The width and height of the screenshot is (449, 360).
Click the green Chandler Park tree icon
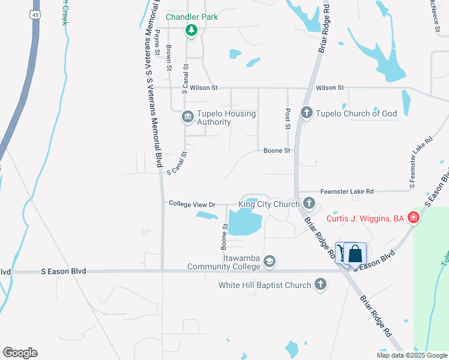tap(191, 29)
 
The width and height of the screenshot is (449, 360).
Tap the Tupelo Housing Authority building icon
tap(187, 116)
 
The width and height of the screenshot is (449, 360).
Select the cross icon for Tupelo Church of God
tap(306, 113)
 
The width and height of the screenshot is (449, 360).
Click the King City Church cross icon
tap(309, 203)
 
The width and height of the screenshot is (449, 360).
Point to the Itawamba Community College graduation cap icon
tap(270, 260)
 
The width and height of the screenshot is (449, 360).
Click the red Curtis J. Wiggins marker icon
tap(413, 218)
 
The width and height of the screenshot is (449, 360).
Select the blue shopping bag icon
tap(355, 253)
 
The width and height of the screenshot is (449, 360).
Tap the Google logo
tap(20, 353)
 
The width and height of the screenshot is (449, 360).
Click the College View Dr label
tap(192, 204)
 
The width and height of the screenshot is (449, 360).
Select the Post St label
tap(288, 119)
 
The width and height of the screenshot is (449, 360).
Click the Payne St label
tap(157, 44)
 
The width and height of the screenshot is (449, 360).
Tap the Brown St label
tap(170, 58)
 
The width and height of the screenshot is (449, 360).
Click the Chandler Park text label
tap(192, 17)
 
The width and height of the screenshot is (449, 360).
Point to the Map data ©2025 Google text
tap(411, 355)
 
